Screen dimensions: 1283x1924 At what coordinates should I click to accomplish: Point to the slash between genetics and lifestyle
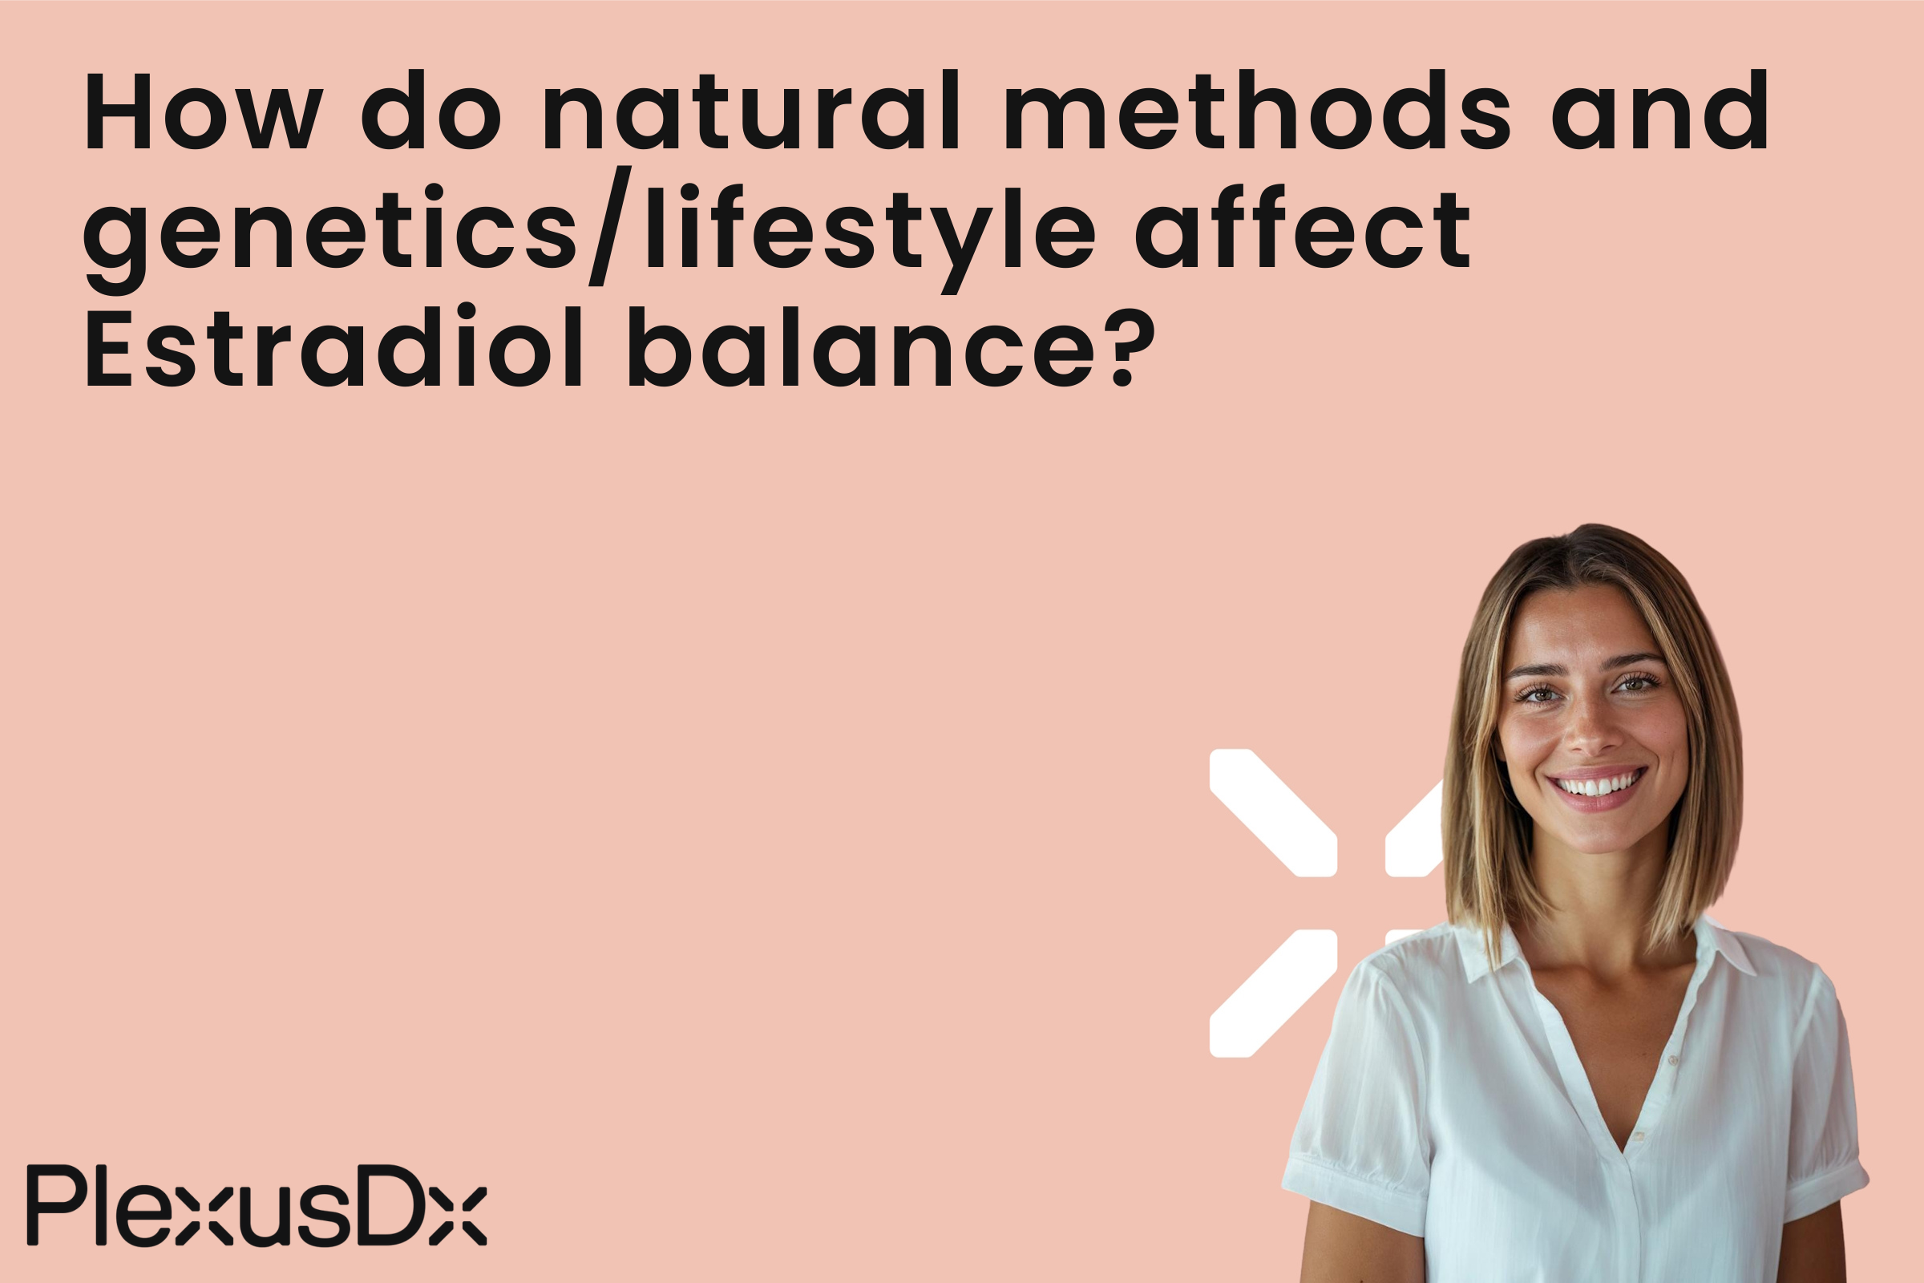tap(610, 226)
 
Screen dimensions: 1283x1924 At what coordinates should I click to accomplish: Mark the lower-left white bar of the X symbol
tap(1273, 993)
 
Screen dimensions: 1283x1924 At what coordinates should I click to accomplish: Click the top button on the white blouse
tap(1673, 1060)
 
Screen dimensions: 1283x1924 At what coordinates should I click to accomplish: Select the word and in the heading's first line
tap(1659, 111)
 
